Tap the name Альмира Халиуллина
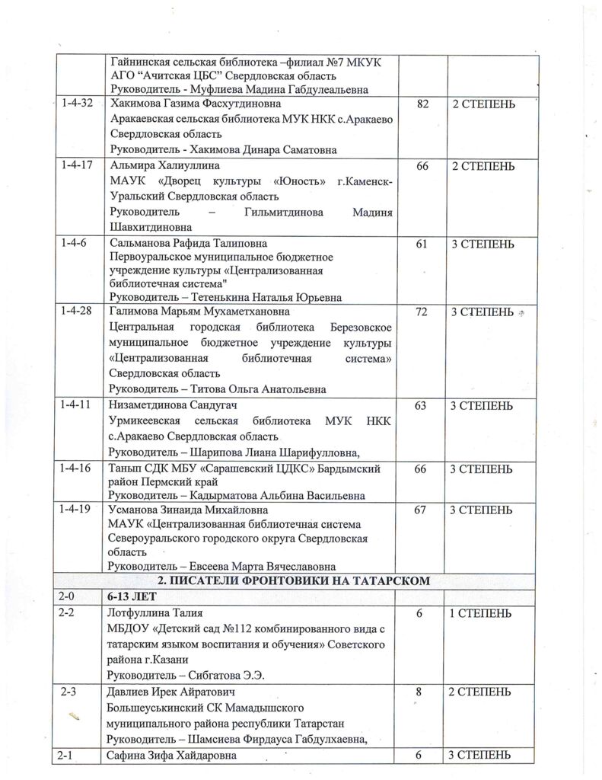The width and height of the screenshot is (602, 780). tap(156, 166)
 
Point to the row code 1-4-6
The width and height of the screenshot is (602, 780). tap(75, 244)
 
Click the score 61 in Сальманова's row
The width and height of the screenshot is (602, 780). tap(421, 244)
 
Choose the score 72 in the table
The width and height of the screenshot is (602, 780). tap(421, 312)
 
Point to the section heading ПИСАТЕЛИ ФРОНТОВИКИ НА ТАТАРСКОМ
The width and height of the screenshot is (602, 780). tap(299, 581)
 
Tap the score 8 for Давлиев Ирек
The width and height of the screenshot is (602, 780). tap(419, 692)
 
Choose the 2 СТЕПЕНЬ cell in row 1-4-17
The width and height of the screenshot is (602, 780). tap(484, 166)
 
